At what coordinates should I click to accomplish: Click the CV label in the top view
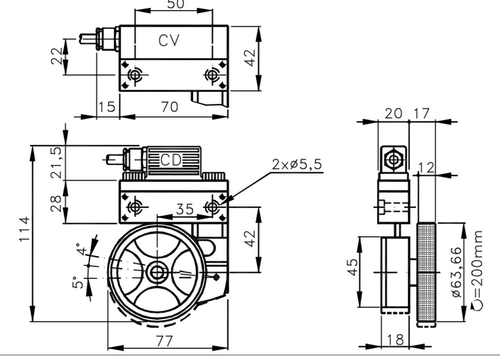tap(169, 41)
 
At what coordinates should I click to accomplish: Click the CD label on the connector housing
tap(171, 160)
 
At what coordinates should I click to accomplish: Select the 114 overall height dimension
tap(24, 229)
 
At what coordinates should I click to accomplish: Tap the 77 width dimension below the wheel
tap(165, 341)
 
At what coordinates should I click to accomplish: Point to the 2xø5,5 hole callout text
tap(297, 165)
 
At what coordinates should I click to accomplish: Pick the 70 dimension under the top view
tap(169, 107)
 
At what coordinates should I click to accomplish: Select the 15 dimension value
tap(107, 107)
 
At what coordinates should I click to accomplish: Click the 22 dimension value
tap(57, 56)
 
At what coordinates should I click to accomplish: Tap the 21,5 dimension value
tap(57, 163)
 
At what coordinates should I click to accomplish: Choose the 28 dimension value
tap(56, 203)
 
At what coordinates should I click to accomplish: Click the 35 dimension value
tap(185, 210)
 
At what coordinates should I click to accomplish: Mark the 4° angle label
tap(82, 250)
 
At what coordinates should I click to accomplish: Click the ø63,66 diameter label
tap(457, 272)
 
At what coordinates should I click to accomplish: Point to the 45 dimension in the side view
tap(353, 267)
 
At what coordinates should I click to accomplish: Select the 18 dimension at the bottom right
tap(396, 340)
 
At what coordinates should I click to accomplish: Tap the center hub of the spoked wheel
tap(157, 273)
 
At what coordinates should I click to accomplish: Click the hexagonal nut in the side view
tap(394, 159)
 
